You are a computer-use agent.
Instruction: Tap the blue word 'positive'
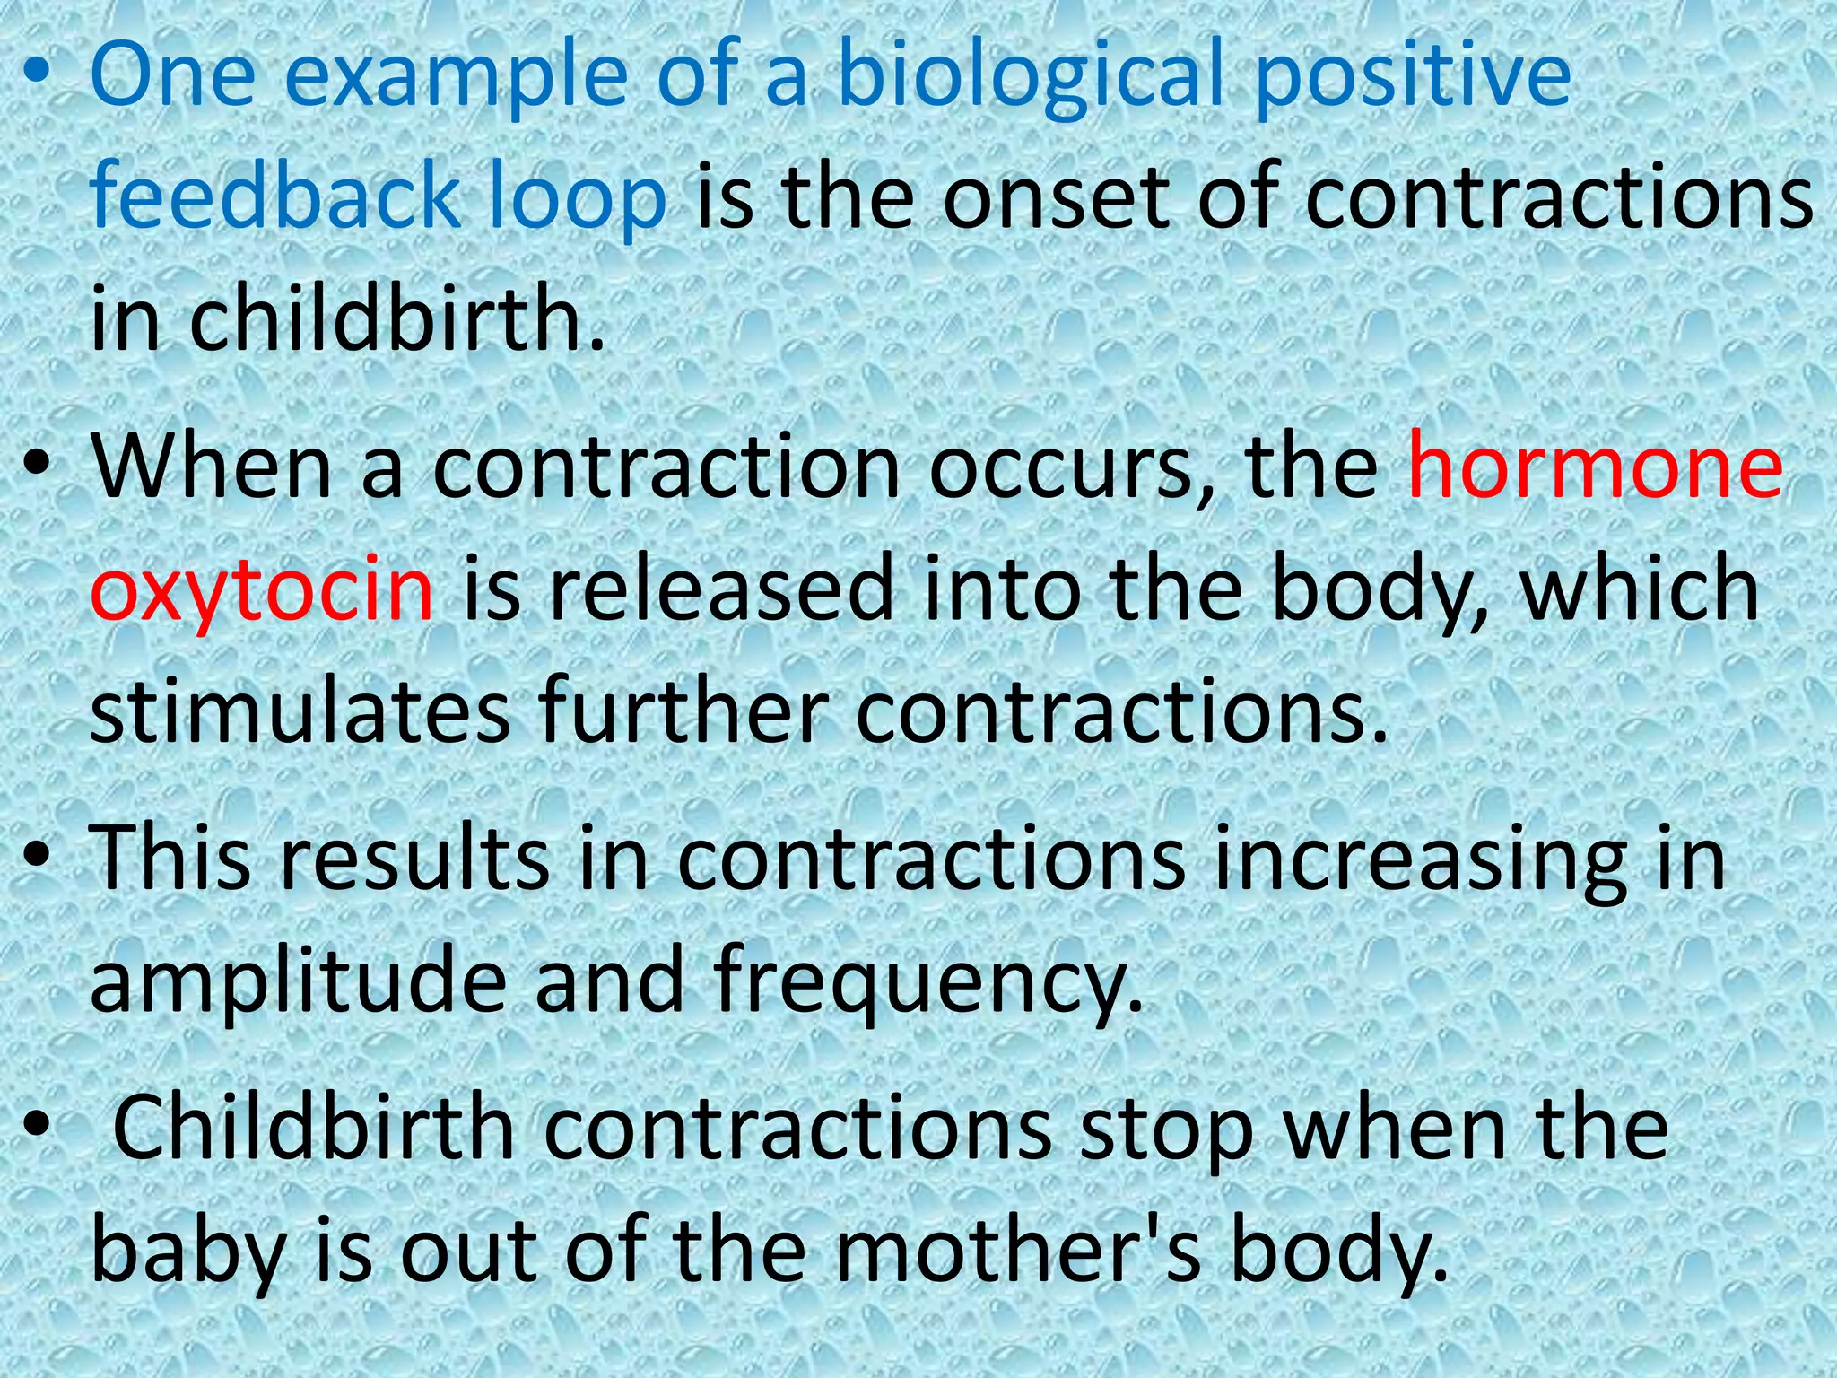pos(1412,77)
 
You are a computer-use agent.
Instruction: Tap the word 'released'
pos(722,588)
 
